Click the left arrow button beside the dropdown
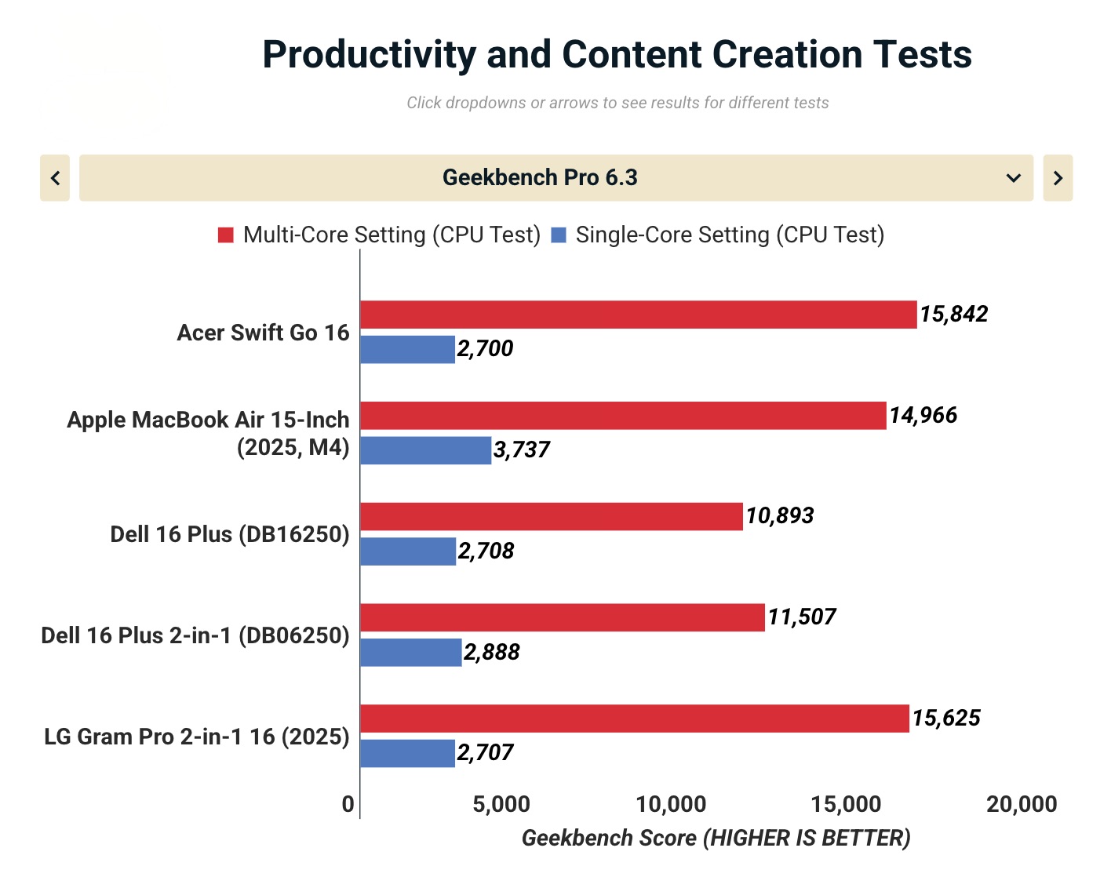click(x=55, y=178)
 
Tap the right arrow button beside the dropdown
click(x=1058, y=178)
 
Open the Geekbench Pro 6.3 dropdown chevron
click(x=1013, y=178)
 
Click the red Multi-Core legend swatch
click(x=226, y=235)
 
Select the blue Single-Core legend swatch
click(x=559, y=235)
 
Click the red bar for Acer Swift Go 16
click(x=638, y=315)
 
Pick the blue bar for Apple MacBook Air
click(x=425, y=450)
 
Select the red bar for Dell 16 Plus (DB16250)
click(x=551, y=516)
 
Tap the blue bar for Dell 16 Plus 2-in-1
click(x=410, y=653)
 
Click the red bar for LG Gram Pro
click(x=634, y=719)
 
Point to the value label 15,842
click(x=953, y=315)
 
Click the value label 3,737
click(x=521, y=450)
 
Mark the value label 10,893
click(x=779, y=516)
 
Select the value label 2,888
click(x=491, y=653)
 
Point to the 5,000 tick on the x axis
click(x=501, y=805)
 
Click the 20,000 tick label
click(x=1022, y=805)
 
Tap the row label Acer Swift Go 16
click(x=263, y=333)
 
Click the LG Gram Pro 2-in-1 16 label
click(x=196, y=737)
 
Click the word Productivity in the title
click(x=369, y=55)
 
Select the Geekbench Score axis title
click(x=716, y=839)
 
